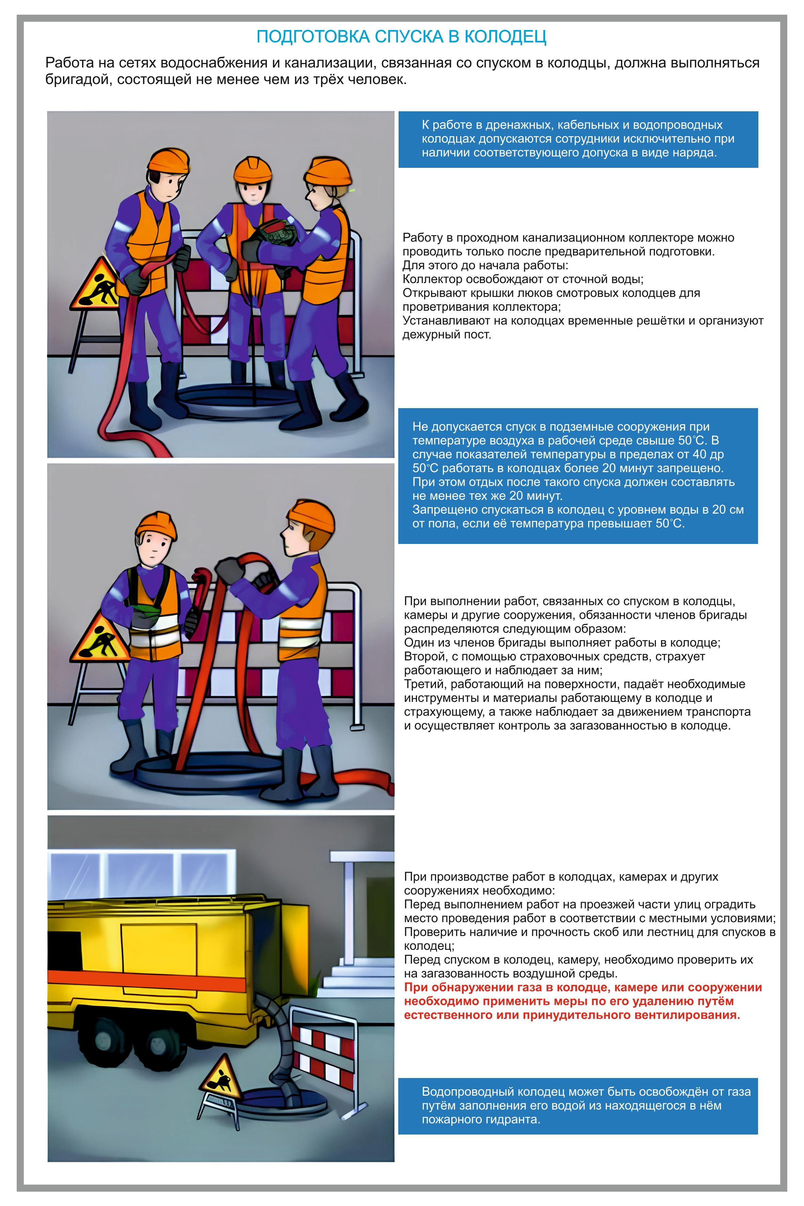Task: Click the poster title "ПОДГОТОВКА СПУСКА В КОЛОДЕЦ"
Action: pyautogui.click(x=401, y=37)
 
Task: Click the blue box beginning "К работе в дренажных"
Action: pyautogui.click(x=578, y=140)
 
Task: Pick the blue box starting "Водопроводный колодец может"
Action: pyautogui.click(x=578, y=1106)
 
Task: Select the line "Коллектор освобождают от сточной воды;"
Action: pyautogui.click(x=523, y=279)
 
